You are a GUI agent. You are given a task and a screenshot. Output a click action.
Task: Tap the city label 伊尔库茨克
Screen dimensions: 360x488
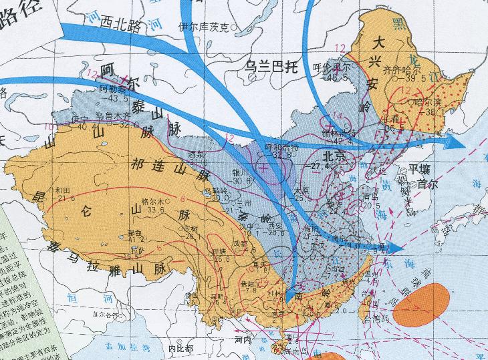tap(204, 27)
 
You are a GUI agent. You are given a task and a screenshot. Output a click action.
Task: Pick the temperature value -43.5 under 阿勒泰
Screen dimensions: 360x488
tap(113, 99)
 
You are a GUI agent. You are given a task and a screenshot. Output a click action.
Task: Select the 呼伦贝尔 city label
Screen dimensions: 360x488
tap(331, 67)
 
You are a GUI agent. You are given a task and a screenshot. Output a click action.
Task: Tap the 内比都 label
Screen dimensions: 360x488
tap(180, 348)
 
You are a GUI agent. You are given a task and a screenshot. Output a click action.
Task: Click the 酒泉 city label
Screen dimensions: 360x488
tap(199, 154)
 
